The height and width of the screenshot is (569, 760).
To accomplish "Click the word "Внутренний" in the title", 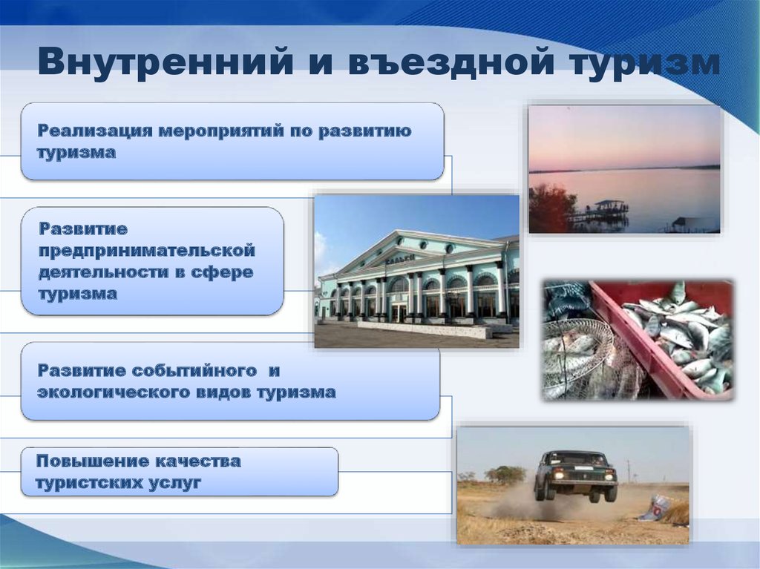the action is tap(166, 61).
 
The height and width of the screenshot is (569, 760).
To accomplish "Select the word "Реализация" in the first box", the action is tap(96, 131).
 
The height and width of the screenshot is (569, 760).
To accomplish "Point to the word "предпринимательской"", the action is tap(147, 251).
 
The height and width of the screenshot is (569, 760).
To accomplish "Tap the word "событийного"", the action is tap(194, 371).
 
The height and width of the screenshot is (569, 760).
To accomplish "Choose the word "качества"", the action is tap(197, 461).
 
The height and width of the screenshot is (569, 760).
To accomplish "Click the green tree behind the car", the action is tap(505, 473).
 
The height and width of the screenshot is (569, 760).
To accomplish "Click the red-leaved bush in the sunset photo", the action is tap(551, 210).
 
